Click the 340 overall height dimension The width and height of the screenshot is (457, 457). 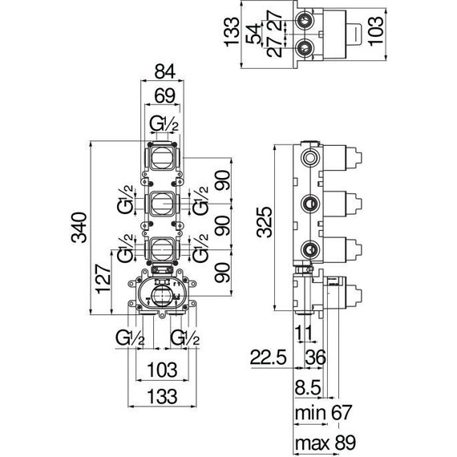[79, 228]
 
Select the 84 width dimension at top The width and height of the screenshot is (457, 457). [165, 71]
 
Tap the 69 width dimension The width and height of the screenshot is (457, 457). [165, 95]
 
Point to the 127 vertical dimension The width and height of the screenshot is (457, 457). [103, 279]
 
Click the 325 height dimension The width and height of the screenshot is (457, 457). [265, 222]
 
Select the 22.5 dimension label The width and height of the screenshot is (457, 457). [268, 358]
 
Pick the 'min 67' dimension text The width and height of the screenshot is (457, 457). [323, 412]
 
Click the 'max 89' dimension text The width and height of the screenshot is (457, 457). [326, 443]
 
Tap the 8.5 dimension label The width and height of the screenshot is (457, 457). [308, 387]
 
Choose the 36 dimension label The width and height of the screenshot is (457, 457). [315, 358]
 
